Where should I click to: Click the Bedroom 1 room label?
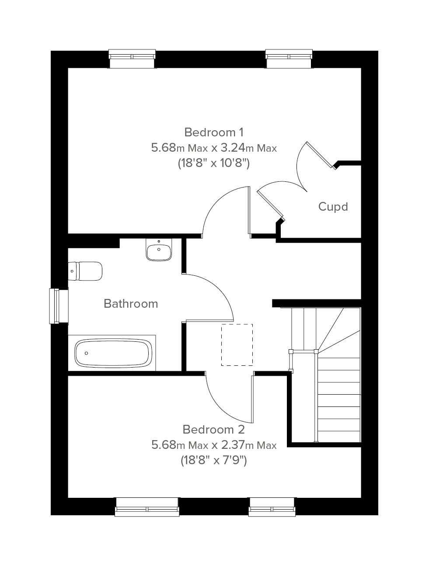pos(214,132)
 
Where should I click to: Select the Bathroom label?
pos(131,304)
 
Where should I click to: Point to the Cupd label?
pos(333,207)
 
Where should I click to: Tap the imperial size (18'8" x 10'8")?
pos(214,163)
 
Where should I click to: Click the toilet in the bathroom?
pos(85,271)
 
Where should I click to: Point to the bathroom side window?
pos(59,306)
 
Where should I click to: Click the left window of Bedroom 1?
pos(132,59)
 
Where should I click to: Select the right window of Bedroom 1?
pos(289,59)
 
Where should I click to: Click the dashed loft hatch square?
pos(237,345)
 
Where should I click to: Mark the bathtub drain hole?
pos(87,353)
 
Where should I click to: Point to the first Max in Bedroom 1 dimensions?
pos(198,149)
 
